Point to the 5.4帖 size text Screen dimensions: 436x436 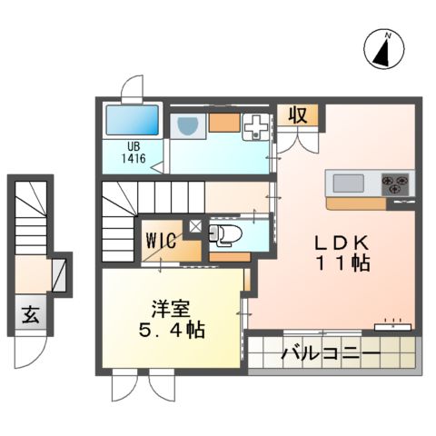172,328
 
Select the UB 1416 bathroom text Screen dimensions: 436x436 134,151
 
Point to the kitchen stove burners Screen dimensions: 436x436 397,183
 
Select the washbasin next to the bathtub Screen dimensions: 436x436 189,126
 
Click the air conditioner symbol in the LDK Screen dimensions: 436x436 393,323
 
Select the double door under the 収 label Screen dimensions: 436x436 297,137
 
